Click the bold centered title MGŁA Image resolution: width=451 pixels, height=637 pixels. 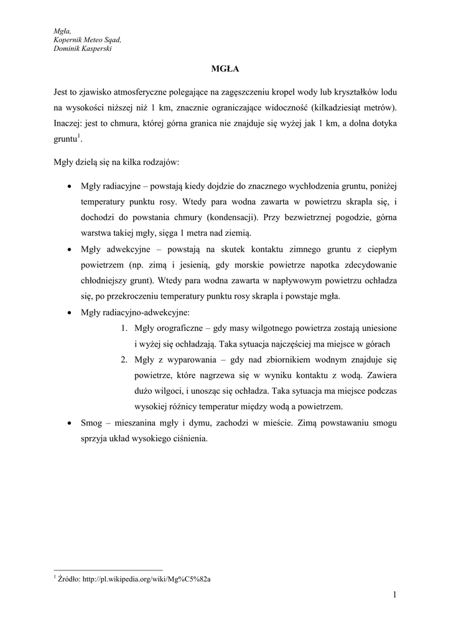coord(225,68)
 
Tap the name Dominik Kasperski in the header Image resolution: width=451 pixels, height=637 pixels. coord(83,49)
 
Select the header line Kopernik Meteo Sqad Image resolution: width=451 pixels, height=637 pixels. coord(87,40)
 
